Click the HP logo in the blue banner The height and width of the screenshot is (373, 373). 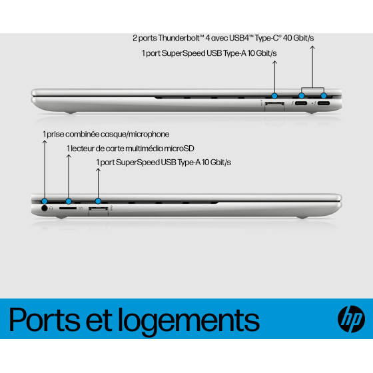[351, 319]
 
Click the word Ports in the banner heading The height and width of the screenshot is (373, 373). [45, 320]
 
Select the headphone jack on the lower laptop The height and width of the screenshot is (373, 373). [44, 208]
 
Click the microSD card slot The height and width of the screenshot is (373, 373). [68, 208]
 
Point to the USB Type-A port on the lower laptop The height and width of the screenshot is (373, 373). [99, 209]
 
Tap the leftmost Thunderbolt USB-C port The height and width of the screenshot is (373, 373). [301, 103]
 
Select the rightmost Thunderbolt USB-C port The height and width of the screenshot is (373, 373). [324, 103]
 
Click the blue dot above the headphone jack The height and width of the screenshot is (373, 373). [45, 201]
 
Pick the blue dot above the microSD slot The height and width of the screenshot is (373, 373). [69, 201]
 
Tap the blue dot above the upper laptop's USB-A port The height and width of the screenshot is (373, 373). [274, 96]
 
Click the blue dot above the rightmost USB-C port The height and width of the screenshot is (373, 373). [324, 96]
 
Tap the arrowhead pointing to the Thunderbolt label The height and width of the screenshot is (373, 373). [312, 47]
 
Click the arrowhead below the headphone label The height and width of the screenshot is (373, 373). [45, 142]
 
